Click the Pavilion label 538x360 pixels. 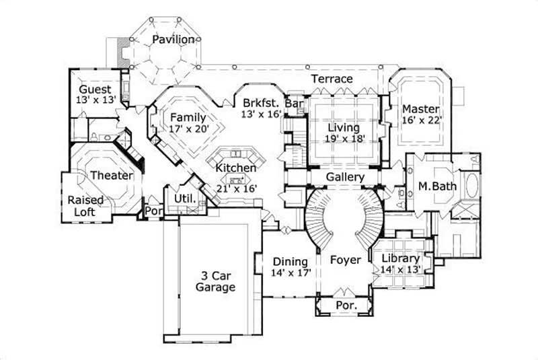173,40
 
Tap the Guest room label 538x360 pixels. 95,89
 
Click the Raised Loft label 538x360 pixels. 85,206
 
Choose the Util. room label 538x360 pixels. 185,199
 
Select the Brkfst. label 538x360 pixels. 260,104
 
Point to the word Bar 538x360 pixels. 293,104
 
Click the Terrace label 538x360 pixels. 332,79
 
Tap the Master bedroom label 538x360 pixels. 421,109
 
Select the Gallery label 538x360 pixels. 345,177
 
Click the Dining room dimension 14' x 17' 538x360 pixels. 290,273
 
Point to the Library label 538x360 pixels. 400,258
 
